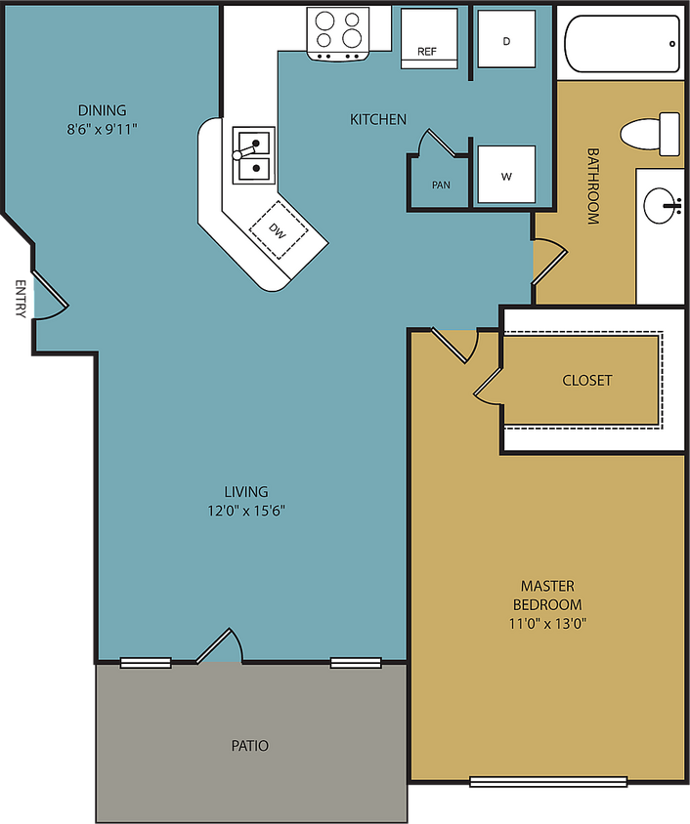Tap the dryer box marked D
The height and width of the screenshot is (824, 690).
coord(505,40)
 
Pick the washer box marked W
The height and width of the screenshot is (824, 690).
coord(505,175)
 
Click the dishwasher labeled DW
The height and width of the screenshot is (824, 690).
coord(280,230)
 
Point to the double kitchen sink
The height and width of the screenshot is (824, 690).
coord(252,155)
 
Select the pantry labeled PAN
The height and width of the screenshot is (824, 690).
coord(440,181)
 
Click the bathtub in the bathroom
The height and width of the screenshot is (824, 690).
coord(622,45)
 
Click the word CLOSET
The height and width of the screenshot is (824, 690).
coord(586,380)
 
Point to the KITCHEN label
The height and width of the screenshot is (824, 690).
coord(378,119)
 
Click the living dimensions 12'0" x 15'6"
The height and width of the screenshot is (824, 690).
coord(245,510)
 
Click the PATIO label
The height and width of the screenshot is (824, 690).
coord(249,746)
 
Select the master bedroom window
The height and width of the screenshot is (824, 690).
coord(548,781)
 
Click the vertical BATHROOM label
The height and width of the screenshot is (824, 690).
coord(592,186)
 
